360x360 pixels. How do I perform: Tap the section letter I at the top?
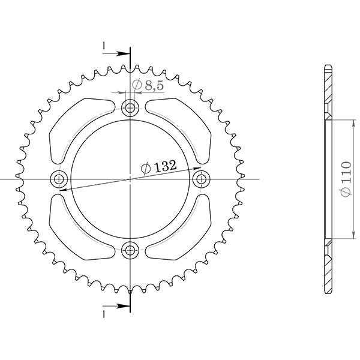[x=104, y=46]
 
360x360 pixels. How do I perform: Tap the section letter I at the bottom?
[x=104, y=313]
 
